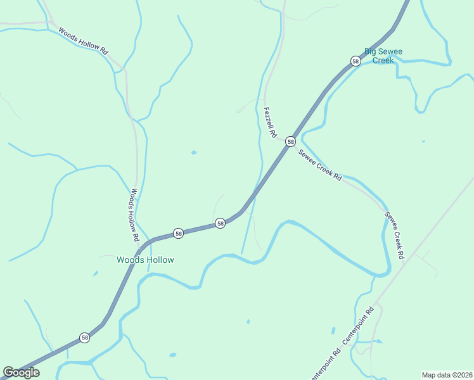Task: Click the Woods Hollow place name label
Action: [x=145, y=260]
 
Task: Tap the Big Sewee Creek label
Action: [x=383, y=56]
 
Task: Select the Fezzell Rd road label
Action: [x=270, y=122]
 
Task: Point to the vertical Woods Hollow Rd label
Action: [x=134, y=216]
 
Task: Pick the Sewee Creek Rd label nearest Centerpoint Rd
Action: [x=394, y=236]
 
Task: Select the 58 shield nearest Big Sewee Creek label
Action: [x=355, y=61]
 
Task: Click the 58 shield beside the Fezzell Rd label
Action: [x=290, y=141]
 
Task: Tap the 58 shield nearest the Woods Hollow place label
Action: [x=179, y=234]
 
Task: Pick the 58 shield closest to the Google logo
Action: [x=85, y=338]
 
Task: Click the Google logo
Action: [x=22, y=372]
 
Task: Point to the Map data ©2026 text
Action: [x=447, y=375]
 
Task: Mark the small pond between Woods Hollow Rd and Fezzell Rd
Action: [x=193, y=152]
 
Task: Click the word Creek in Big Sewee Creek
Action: [x=383, y=60]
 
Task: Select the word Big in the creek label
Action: [x=371, y=51]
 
